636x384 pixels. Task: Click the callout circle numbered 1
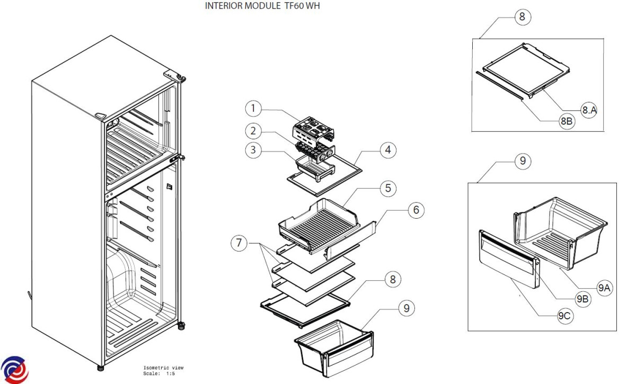(253, 109)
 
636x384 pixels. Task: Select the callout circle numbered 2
(253, 130)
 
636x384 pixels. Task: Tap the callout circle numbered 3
(253, 150)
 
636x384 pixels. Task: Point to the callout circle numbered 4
(388, 150)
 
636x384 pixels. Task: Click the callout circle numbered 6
(416, 210)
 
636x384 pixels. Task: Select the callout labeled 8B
(566, 121)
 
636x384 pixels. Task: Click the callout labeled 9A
(604, 288)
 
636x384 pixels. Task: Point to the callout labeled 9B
(582, 299)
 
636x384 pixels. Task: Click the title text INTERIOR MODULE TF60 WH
(262, 6)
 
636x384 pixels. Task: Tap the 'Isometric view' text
(163, 367)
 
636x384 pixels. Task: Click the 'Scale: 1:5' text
(159, 373)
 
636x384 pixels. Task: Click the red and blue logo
(14, 369)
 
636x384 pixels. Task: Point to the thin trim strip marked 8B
(500, 85)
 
